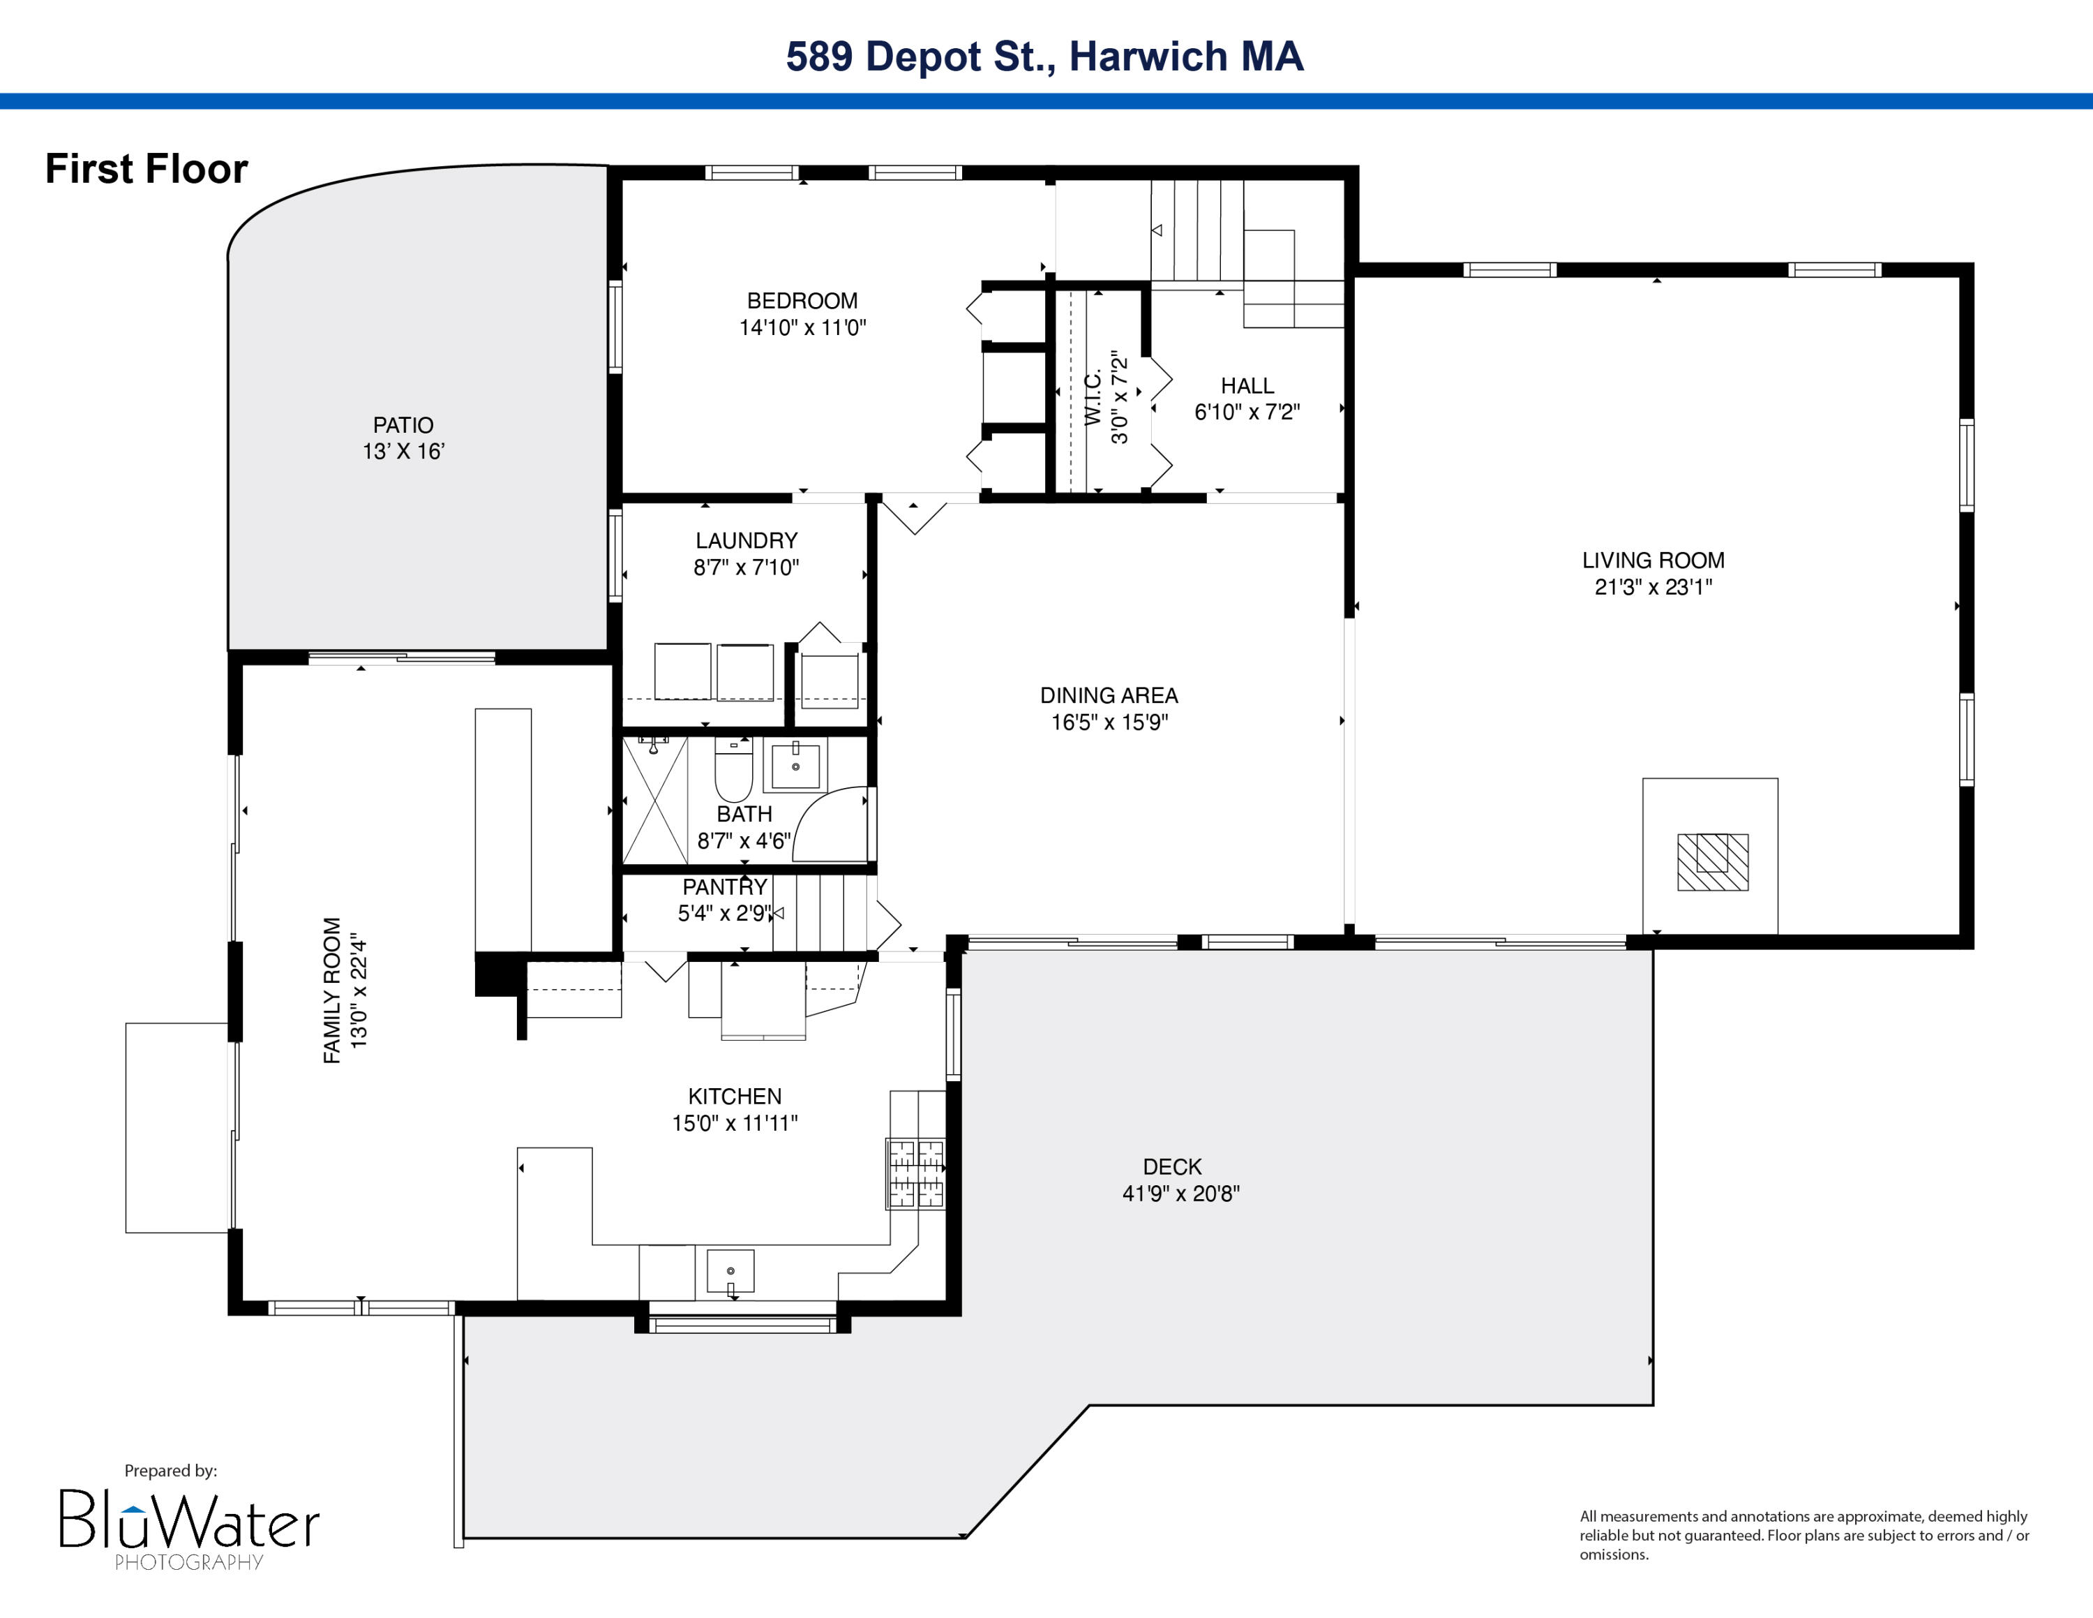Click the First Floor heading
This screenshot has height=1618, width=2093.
coord(147,169)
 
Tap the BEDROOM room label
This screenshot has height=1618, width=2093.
coord(802,301)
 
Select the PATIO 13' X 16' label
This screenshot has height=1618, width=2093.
coord(403,438)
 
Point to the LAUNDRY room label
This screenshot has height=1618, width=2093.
coord(747,540)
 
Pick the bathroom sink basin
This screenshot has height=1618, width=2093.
coord(795,765)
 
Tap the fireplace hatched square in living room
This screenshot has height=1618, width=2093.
coord(1713,862)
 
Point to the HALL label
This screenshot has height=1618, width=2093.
coord(1247,386)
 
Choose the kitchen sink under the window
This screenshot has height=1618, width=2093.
coord(730,1271)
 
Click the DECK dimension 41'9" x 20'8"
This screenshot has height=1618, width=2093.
coord(1180,1194)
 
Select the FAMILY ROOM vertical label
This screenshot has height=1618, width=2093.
coord(331,990)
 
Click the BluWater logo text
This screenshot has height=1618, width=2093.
coord(189,1518)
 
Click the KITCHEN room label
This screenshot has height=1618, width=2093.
coord(735,1097)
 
